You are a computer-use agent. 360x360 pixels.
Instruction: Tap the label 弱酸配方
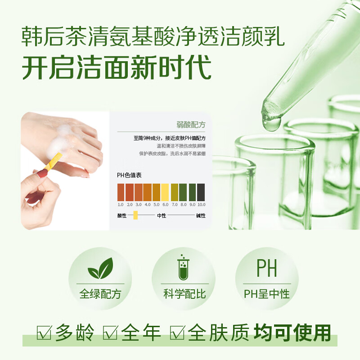191,125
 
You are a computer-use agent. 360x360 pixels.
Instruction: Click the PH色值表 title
130,175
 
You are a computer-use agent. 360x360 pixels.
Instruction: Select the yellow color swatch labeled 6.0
165,192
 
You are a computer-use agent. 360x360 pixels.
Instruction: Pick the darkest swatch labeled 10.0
201,192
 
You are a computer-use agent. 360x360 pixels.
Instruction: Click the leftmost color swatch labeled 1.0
121,192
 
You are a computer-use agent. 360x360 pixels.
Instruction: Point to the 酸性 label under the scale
122,216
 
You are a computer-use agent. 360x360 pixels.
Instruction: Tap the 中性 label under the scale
162,216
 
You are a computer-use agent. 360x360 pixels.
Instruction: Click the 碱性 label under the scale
201,216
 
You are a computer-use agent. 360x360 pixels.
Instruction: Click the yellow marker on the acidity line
135,216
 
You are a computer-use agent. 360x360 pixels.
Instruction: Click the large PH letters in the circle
266,268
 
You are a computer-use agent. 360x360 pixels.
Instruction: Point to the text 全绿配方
100,295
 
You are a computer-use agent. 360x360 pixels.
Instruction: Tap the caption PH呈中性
267,295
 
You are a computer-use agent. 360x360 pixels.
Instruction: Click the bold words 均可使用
292,333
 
